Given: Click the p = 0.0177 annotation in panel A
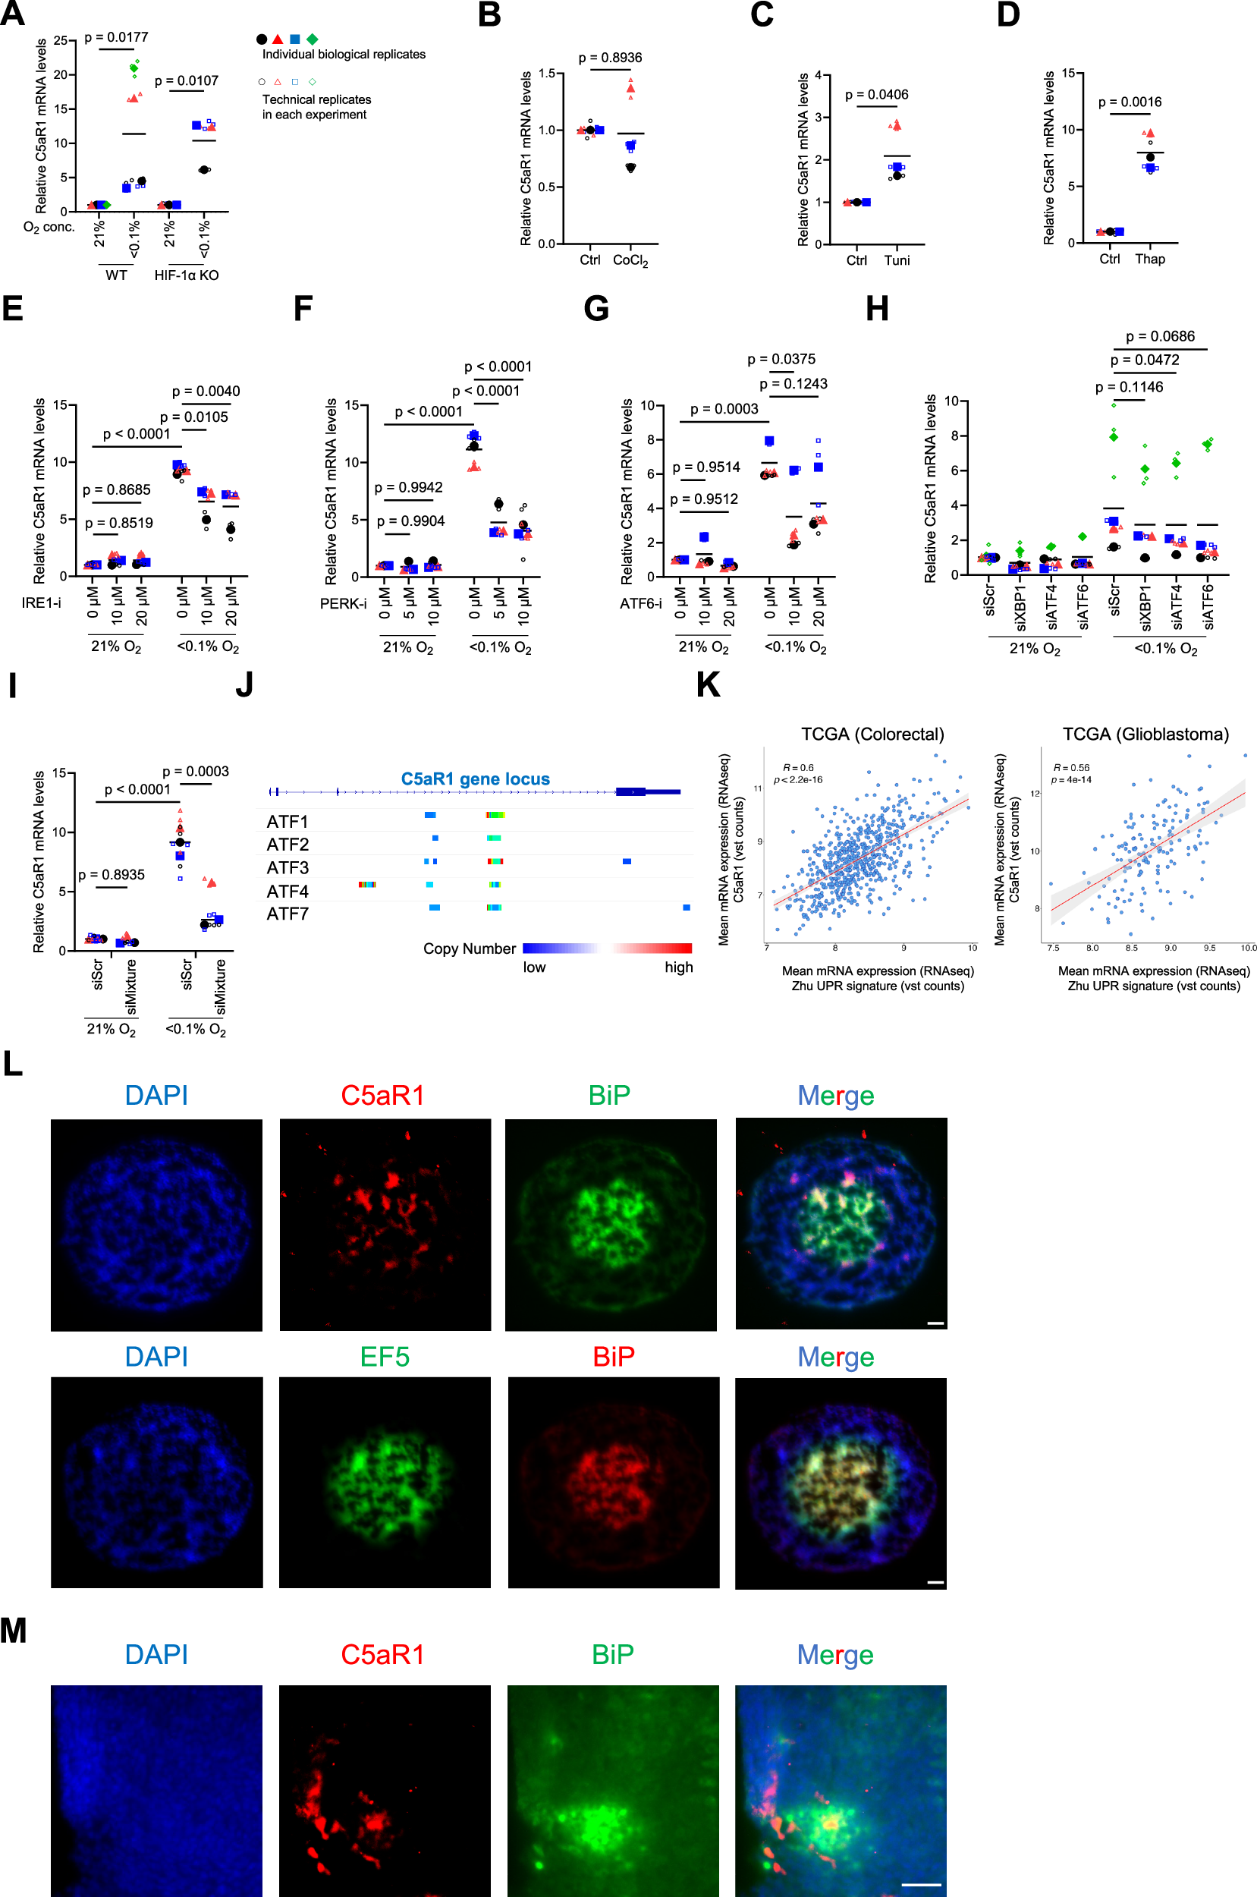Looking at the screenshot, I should pos(116,38).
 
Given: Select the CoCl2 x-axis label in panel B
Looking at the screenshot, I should pos(630,260).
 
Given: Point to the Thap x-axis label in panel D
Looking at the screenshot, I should pos(1149,259).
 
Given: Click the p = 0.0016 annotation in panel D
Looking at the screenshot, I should pos(1130,102).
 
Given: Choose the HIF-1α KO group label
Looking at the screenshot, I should pos(186,275).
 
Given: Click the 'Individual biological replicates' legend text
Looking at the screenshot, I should pos(344,55).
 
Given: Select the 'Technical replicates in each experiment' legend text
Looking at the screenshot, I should pos(316,108).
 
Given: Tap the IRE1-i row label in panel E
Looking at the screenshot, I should pos(41,603).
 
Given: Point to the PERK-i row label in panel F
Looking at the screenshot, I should pos(343,604).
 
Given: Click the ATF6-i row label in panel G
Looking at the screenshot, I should pos(640,604).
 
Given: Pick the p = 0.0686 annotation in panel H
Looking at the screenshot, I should pos(1160,337).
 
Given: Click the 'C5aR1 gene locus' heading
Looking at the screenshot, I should pos(476,779).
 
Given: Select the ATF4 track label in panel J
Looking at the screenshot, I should pos(288,892).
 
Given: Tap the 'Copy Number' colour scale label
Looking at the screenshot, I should pos(470,949).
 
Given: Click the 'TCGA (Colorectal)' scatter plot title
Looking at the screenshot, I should pos(872,735).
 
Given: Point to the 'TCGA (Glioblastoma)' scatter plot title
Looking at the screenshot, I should pos(1145,735).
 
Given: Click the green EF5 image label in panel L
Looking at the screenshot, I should pos(384,1357).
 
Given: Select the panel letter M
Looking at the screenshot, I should pos(14,1631).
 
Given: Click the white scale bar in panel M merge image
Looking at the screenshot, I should pos(921,1884).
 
